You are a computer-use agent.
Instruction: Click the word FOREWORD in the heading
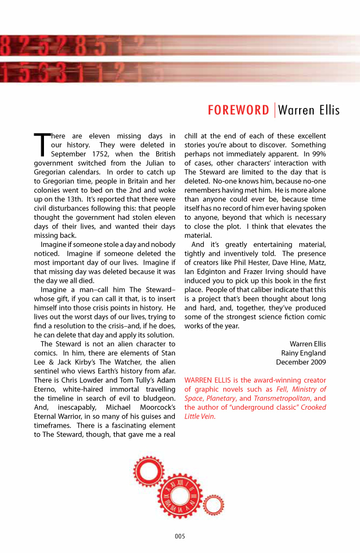point(238,111)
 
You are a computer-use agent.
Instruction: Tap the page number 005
point(180,537)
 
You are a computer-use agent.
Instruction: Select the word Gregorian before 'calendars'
point(50,172)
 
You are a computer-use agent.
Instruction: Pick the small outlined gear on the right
point(213,506)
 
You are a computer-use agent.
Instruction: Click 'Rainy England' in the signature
point(304,353)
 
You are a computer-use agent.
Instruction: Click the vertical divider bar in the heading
point(274,111)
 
